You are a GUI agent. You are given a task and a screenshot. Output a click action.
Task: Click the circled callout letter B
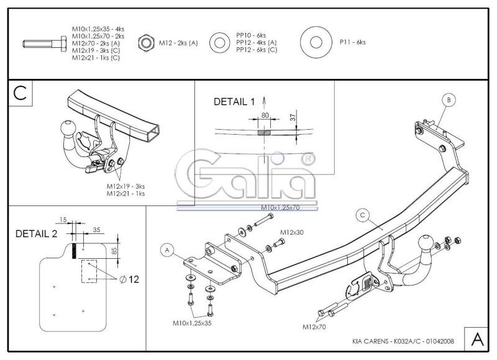[x=449, y=100]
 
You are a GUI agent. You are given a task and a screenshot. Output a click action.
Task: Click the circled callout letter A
[x=167, y=251]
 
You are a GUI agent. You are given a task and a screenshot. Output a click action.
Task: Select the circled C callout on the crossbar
[x=363, y=215]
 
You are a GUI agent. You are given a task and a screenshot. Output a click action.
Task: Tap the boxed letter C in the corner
[x=21, y=93]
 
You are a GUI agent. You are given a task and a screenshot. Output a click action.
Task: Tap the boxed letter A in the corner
[x=476, y=339]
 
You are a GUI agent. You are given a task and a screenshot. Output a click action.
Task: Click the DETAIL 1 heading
[x=234, y=102]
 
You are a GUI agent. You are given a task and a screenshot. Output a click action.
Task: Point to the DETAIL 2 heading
[x=37, y=233]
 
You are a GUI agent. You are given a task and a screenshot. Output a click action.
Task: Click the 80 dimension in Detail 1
[x=265, y=115]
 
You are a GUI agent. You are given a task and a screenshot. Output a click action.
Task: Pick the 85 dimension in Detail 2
[x=114, y=251]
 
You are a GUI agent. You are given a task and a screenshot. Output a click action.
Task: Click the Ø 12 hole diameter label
[x=129, y=279]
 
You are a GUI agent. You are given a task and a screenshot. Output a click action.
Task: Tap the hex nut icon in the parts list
[x=146, y=43]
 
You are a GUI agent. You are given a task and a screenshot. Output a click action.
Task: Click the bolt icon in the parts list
[x=45, y=43]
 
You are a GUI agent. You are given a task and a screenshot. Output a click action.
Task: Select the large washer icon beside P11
[x=316, y=42]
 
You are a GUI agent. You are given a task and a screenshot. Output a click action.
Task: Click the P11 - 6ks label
[x=352, y=42]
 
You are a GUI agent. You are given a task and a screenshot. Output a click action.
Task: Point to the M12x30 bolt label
[x=291, y=232]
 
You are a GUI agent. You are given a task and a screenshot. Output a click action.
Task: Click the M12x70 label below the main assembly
[x=314, y=326]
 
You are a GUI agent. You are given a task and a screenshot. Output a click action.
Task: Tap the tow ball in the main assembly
[x=426, y=242]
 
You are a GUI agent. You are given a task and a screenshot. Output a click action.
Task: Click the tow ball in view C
[x=68, y=127]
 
